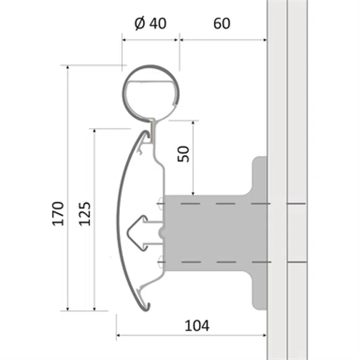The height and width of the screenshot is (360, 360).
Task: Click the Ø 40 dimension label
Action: pyautogui.click(x=150, y=24)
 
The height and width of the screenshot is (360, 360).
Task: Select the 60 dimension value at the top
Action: pyautogui.click(x=221, y=24)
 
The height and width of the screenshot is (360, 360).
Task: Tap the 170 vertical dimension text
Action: pyautogui.click(x=58, y=213)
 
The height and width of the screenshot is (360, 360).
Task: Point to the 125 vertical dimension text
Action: pyautogui.click(x=85, y=213)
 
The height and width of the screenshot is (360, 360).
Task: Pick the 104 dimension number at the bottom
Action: pyautogui.click(x=197, y=325)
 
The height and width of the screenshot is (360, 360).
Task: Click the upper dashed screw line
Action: pyautogui.click(x=224, y=204)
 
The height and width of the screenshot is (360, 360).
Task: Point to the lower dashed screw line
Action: pyautogui.click(x=224, y=262)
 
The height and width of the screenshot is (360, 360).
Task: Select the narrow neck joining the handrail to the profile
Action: pyautogui.click(x=153, y=128)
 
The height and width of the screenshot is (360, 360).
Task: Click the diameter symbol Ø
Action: pyautogui.click(x=140, y=24)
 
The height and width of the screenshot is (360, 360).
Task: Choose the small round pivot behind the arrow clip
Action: pyautogui.click(x=162, y=233)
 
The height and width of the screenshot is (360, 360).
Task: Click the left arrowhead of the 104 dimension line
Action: pyautogui.click(x=118, y=335)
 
